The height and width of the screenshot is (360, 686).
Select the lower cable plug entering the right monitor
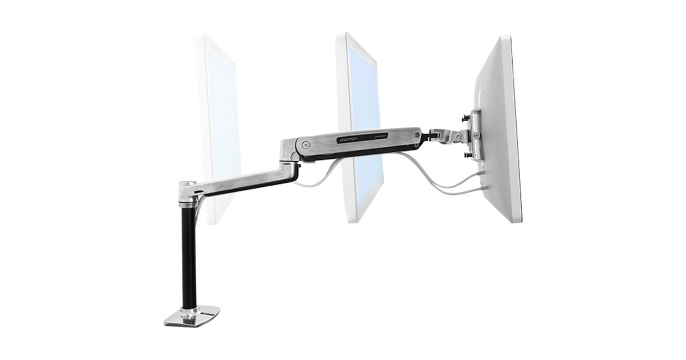click(482, 186)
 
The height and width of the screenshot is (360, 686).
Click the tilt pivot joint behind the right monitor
click(454, 135)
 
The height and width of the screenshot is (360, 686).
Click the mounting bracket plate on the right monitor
click(474, 134)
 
